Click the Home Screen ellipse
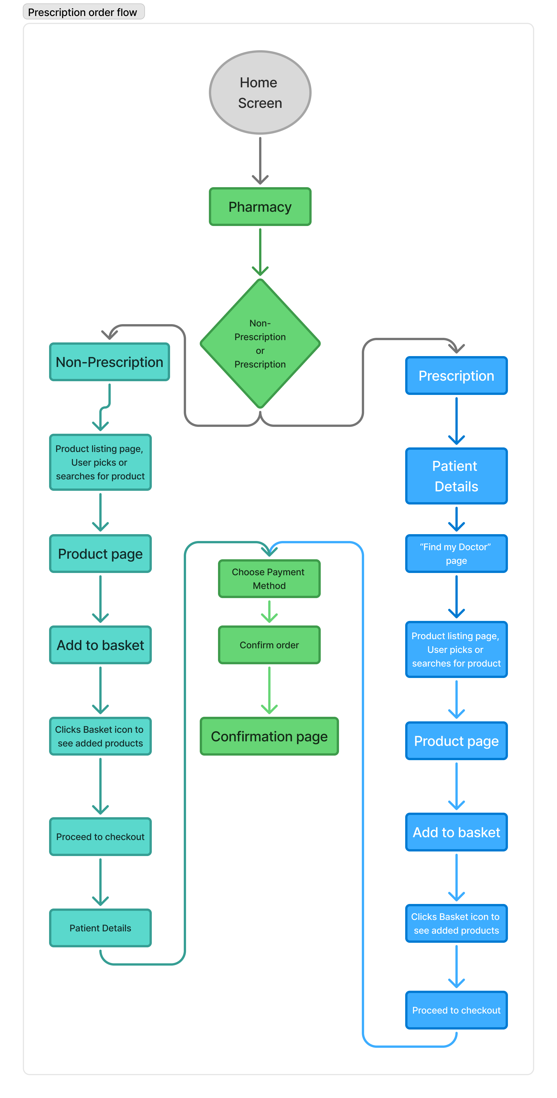tap(260, 92)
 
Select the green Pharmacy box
tap(260, 207)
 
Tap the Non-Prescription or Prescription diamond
tap(260, 344)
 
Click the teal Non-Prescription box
tap(110, 362)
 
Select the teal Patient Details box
tap(100, 928)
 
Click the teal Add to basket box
tap(100, 645)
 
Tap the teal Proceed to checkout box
tap(100, 836)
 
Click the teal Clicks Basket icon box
tap(100, 736)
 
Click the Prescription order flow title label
tap(83, 12)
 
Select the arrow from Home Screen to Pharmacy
tap(260, 160)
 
